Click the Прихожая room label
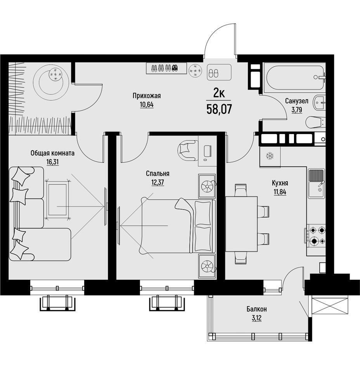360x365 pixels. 147,96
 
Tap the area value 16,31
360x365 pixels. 52,162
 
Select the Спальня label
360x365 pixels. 157,174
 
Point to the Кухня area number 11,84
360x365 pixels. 280,192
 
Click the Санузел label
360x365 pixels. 297,101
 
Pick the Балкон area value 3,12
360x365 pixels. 256,318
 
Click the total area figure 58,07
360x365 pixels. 219,109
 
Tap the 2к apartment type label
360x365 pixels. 219,94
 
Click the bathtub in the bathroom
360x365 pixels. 295,77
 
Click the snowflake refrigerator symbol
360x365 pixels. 270,156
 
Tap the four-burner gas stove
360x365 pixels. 316,236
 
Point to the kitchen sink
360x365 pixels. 317,184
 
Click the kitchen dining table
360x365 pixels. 241,224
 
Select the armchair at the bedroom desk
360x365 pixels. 188,150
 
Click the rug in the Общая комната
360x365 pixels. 57,200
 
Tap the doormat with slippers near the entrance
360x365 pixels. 219,72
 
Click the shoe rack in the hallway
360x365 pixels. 166,68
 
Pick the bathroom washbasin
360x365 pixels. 320,102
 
